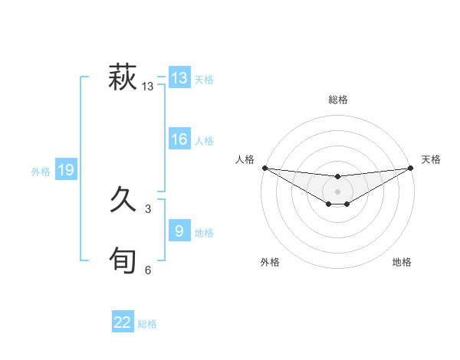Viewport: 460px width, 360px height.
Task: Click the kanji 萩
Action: tap(123, 78)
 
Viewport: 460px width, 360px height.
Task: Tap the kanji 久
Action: tap(123, 201)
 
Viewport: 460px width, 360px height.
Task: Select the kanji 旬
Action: tap(123, 260)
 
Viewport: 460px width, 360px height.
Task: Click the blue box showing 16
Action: tap(179, 139)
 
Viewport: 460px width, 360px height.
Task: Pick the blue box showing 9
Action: tap(179, 231)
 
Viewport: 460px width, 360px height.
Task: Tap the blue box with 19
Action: tap(66, 170)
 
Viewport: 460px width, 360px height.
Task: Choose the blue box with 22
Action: tap(123, 322)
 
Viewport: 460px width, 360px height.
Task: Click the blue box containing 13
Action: tap(179, 78)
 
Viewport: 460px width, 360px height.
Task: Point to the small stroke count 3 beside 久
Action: tap(148, 208)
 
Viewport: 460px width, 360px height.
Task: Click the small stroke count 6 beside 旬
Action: tap(148, 270)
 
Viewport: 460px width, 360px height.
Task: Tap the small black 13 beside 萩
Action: tap(148, 87)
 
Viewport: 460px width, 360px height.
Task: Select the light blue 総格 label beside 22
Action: tap(147, 324)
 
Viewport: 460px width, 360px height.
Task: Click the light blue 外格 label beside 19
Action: tap(41, 172)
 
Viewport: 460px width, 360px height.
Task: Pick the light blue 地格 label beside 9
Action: tap(204, 232)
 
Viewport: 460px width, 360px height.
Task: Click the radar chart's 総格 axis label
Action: tap(338, 100)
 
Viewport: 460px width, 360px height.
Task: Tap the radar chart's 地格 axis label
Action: tap(402, 262)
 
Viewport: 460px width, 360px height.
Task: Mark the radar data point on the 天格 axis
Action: tap(411, 168)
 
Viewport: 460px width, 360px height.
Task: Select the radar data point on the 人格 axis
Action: tap(264, 168)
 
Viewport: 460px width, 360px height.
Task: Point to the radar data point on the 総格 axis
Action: tap(338, 176)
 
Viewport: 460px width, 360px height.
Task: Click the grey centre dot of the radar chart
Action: tap(338, 191)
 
